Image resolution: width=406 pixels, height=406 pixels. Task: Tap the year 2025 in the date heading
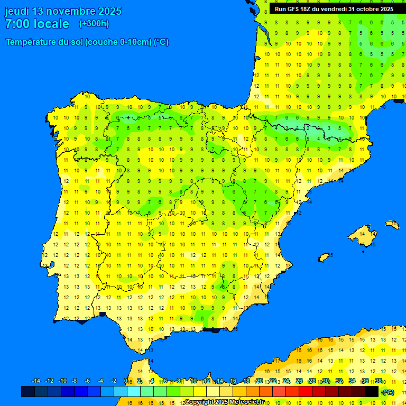pos(109,11)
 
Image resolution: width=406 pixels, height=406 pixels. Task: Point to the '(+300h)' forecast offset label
pos(94,24)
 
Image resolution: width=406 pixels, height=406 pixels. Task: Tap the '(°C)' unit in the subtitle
pos(161,42)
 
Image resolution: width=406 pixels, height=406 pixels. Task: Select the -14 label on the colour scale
pos(36,381)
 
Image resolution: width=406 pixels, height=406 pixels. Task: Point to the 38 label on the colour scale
pos(379,381)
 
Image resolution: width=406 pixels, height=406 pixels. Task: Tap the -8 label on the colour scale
pos(74,381)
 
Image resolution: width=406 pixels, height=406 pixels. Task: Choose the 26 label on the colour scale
pos(299,381)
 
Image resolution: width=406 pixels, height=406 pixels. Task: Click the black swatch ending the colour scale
pos(372,391)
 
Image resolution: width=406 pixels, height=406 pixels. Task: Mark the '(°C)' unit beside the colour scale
pos(388,392)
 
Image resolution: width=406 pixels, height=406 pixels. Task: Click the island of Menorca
pos(392,224)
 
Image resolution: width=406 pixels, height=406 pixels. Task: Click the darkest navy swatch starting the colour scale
pos(28,391)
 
